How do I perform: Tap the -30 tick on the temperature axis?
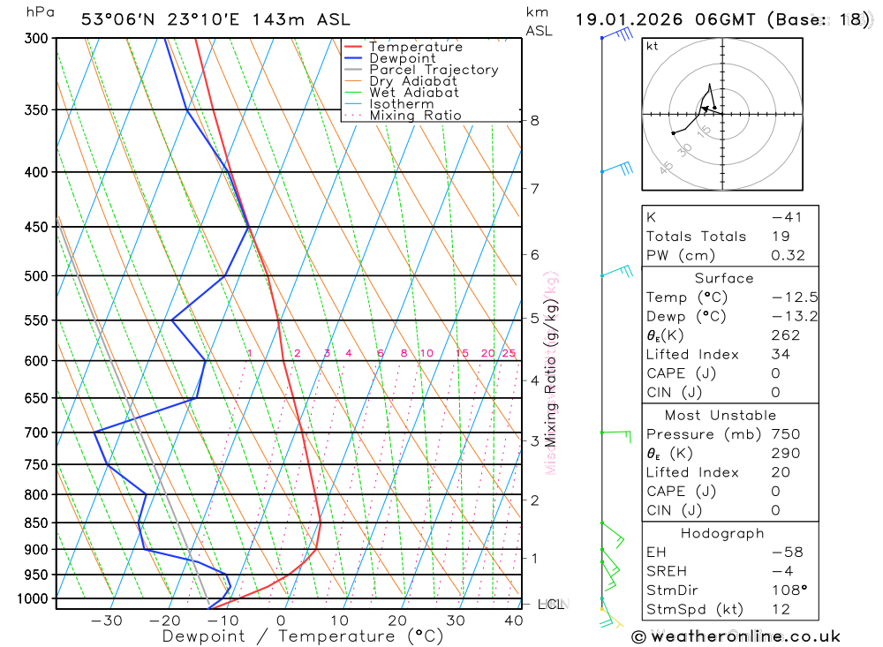click(x=107, y=621)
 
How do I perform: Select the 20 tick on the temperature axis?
click(x=397, y=621)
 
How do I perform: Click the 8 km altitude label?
click(x=535, y=120)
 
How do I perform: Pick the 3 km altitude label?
click(x=535, y=440)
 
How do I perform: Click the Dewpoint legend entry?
click(x=402, y=58)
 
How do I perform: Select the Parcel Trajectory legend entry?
click(x=433, y=70)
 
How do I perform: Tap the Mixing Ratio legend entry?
click(x=415, y=116)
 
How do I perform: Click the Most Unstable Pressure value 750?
click(x=785, y=434)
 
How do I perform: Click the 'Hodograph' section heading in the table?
click(x=722, y=533)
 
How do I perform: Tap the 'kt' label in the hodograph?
click(x=652, y=47)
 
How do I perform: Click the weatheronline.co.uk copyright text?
click(x=736, y=636)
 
